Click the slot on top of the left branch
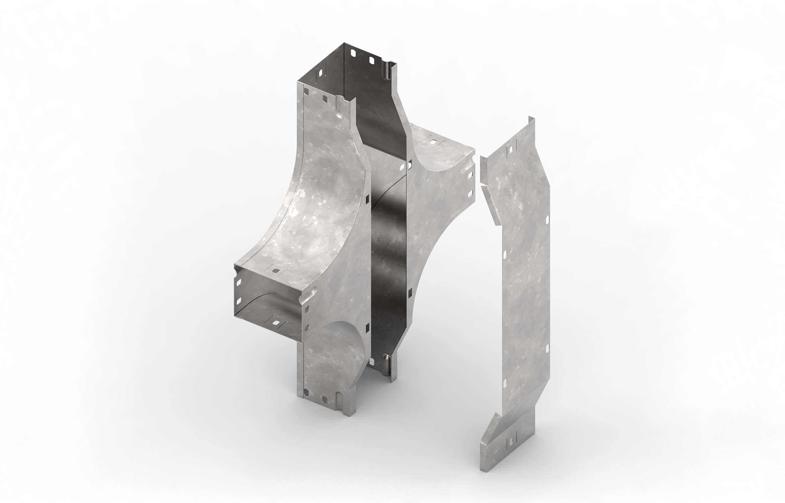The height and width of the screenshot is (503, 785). (276, 270)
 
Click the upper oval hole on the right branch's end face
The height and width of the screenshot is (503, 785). (471, 175)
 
